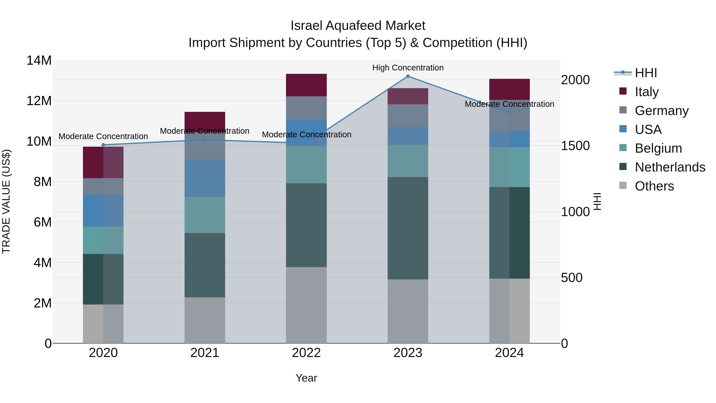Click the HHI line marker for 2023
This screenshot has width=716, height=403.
(408, 76)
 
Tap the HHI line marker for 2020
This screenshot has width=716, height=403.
(103, 145)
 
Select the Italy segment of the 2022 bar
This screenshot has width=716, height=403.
(306, 85)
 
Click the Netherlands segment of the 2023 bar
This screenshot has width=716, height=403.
(408, 228)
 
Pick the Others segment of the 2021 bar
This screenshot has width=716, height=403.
(205, 320)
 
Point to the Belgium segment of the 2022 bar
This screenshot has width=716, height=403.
(306, 165)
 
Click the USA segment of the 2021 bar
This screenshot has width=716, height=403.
(205, 178)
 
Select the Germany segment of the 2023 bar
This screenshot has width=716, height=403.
(408, 116)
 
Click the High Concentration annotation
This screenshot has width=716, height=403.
(408, 68)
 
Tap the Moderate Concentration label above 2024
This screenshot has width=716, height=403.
(509, 104)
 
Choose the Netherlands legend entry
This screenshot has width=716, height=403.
(670, 167)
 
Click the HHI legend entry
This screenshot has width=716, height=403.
(646, 73)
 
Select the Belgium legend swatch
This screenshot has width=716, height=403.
(623, 148)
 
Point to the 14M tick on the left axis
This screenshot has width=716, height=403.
(39, 60)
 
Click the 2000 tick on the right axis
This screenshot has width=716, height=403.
(575, 80)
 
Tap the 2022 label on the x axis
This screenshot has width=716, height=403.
(306, 353)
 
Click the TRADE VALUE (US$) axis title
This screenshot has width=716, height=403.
(6, 201)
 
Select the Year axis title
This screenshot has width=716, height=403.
(306, 378)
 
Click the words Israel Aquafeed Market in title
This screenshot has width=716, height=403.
(358, 26)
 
